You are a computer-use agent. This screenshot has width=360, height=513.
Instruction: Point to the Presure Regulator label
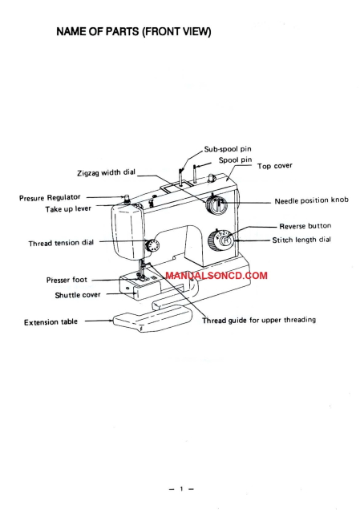click(50, 197)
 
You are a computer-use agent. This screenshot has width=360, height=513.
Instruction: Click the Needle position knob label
click(311, 201)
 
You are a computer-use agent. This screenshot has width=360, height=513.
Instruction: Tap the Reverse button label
click(305, 226)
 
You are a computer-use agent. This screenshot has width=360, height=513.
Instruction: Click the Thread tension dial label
click(62, 243)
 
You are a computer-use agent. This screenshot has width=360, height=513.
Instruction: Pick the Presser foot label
click(67, 281)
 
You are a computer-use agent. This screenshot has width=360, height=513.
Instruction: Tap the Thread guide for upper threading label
click(258, 320)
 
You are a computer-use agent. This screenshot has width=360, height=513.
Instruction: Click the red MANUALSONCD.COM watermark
click(216, 275)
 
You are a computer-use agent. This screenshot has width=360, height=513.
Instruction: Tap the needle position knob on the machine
click(214, 205)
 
